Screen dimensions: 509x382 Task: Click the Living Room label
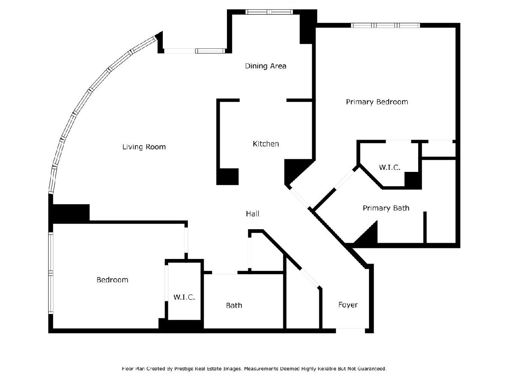click(144, 147)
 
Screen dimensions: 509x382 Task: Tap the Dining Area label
click(266, 66)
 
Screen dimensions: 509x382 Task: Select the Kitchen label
click(266, 144)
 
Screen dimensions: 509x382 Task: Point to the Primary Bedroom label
click(377, 102)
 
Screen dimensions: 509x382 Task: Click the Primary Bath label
click(386, 208)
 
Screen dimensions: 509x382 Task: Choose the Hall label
click(252, 213)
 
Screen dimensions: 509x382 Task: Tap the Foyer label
click(348, 305)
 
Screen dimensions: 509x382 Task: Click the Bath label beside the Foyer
click(234, 306)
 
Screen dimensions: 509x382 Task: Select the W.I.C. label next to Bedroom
click(184, 297)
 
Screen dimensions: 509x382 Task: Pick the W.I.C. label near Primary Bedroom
click(390, 167)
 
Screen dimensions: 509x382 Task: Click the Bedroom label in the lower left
click(112, 280)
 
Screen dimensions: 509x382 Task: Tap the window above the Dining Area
click(269, 12)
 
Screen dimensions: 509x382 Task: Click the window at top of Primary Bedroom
click(386, 25)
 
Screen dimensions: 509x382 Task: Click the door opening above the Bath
click(225, 273)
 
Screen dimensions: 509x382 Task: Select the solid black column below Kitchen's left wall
click(227, 177)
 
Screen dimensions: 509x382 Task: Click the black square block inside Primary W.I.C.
click(413, 180)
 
